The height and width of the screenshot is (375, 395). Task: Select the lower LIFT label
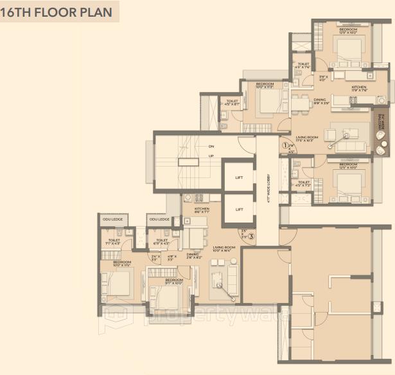coord(239,210)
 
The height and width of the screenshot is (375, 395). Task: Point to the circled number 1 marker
coord(284,145)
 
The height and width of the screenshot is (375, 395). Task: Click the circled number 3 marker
coord(252,235)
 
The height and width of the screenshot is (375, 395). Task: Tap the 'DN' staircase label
coord(211,145)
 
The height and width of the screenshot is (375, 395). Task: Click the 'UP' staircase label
coord(211,156)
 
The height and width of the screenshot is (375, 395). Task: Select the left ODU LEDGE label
coord(113,220)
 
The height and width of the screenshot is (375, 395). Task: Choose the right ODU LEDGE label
coord(159,220)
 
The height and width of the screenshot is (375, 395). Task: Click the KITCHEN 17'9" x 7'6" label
coord(358,88)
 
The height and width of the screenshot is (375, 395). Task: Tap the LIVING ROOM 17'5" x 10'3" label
coord(309,139)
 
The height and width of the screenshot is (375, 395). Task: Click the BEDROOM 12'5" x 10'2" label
coord(349,30)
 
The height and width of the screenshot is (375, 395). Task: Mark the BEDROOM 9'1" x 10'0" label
coord(174,282)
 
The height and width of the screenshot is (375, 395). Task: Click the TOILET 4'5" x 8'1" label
coord(231,102)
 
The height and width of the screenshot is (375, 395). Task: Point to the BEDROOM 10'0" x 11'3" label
coord(265,86)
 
